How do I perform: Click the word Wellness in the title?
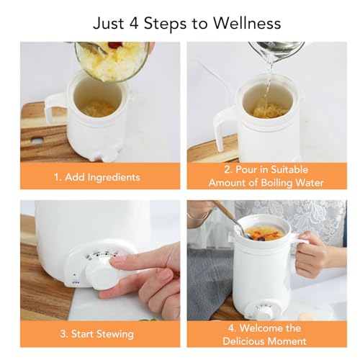click(247, 23)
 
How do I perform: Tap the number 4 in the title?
click(134, 24)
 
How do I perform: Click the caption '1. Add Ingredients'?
click(97, 177)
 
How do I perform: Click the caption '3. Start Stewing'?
click(97, 334)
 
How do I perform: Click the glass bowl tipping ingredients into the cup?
click(113, 61)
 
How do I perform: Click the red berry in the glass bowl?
click(113, 45)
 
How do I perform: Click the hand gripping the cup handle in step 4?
click(311, 253)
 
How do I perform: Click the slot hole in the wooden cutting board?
click(37, 140)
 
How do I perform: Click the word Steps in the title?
click(165, 24)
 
